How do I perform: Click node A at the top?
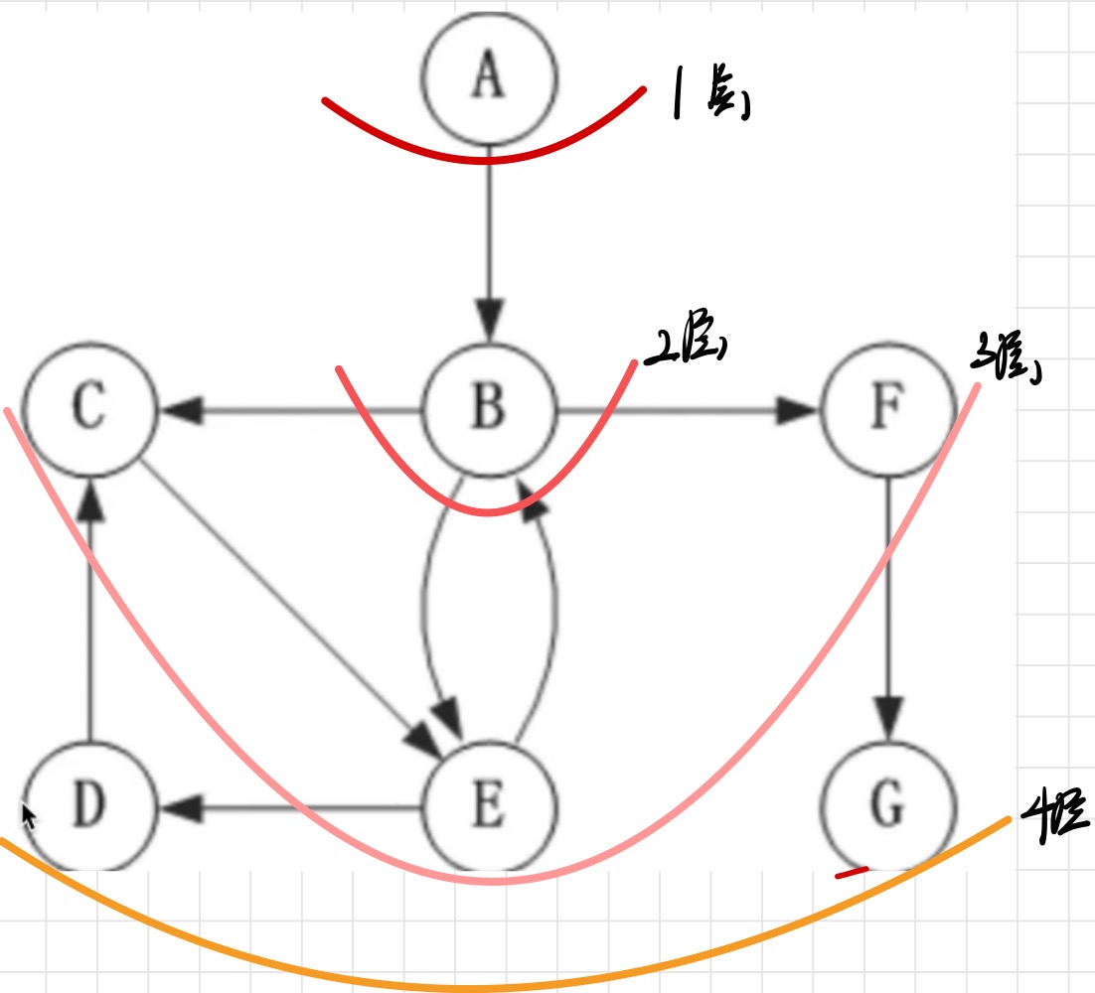tap(487, 77)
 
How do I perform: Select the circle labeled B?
tap(487, 408)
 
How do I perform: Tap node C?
tap(89, 408)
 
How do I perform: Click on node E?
tap(487, 806)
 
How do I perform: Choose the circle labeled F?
tap(886, 408)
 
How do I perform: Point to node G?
tap(886, 806)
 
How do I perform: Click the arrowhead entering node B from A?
tap(488, 322)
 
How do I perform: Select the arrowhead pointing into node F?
tap(796, 408)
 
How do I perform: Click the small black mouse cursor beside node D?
tap(30, 816)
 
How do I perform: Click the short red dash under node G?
tap(852, 873)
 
